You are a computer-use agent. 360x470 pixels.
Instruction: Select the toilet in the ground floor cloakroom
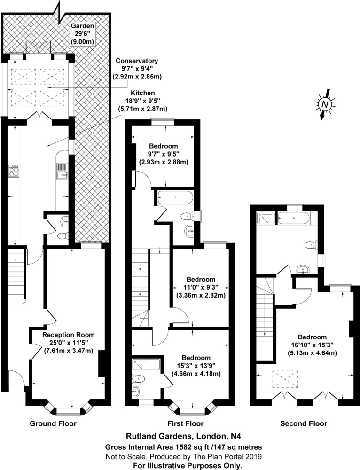(63, 236)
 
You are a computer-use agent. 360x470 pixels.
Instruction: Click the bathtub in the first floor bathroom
(175, 198)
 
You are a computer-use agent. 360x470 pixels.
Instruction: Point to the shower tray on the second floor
(266, 219)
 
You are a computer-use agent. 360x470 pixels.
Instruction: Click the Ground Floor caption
(53, 423)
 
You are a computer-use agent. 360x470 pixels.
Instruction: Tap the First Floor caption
(186, 423)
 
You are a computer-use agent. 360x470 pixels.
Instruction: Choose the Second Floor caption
(304, 423)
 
